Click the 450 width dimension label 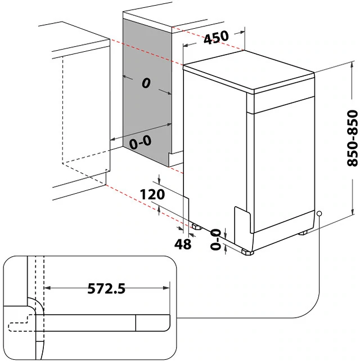pos(216,38)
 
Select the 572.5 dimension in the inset pos(106,289)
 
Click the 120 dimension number pos(152,195)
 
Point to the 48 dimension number pos(183,244)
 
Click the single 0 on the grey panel pos(146,84)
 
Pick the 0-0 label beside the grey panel pos(140,143)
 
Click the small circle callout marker pos(319,214)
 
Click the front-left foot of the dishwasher pos(246,252)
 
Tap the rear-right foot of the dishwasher pos(303,231)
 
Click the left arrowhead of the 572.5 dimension pos(47,288)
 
